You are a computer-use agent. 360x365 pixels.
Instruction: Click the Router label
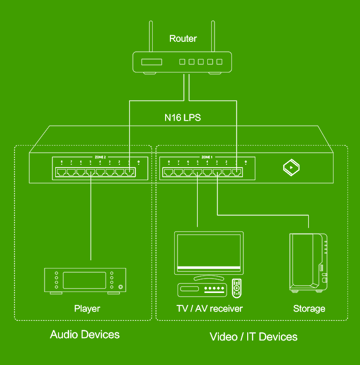pos(183,38)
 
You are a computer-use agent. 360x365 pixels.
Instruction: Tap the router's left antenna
pos(151,36)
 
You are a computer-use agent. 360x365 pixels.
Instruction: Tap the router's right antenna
pos(213,36)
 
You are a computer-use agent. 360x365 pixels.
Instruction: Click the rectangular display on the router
pos(151,62)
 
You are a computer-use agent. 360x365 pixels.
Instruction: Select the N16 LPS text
pos(183,117)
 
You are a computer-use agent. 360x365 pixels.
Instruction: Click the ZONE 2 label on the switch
pos(100,157)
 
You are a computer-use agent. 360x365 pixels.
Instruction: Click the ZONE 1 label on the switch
pos(207,157)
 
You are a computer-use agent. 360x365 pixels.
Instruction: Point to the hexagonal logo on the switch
pos(291,167)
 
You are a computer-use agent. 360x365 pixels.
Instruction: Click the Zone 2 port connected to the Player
pos(91,172)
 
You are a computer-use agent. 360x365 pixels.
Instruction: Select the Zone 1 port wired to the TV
pos(198,172)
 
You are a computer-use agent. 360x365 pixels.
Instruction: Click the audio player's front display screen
pos(84,280)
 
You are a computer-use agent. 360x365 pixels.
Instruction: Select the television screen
pos(208,250)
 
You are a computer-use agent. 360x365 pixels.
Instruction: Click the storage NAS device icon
pos(308,262)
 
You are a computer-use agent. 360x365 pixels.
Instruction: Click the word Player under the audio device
pos(87,308)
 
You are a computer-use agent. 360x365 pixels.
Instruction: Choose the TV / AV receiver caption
pos(209,308)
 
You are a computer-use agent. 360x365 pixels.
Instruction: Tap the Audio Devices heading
pos(84,334)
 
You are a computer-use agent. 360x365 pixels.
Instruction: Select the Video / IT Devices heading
pos(253,337)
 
